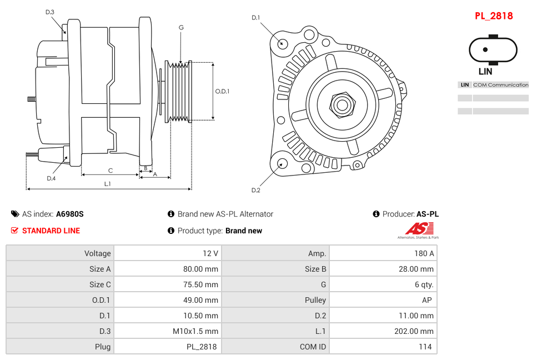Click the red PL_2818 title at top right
(493, 16)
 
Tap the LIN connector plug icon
(485, 49)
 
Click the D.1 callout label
(255, 18)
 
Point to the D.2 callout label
(255, 190)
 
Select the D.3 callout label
(50, 12)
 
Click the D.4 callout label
(51, 178)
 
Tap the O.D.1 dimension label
(222, 92)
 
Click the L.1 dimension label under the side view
(108, 184)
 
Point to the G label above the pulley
(181, 27)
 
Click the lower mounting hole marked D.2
(282, 163)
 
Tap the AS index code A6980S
(69, 214)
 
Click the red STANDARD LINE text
(51, 231)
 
